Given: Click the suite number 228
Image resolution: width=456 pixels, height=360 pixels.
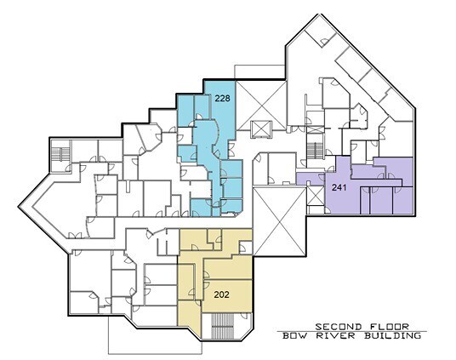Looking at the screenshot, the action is [223, 99].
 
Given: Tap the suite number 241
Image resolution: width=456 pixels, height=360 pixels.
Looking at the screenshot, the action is [339, 188].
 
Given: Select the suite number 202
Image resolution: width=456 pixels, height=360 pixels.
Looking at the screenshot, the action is [221, 294].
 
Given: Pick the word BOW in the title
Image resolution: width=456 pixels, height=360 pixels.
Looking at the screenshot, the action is [296, 336].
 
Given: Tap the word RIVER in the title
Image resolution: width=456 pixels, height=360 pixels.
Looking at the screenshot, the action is [335, 336].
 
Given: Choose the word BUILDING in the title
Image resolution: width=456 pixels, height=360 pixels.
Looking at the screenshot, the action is [392, 336].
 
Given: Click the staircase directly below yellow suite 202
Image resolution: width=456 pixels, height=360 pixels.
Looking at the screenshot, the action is [224, 326].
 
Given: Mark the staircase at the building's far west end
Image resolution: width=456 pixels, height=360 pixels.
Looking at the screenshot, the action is [60, 154].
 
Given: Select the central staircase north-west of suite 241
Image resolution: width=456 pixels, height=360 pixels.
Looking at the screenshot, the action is [315, 151].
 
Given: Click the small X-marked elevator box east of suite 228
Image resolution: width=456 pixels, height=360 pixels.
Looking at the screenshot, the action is [261, 129].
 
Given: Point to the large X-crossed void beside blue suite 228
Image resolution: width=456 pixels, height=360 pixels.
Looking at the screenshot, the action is [261, 106].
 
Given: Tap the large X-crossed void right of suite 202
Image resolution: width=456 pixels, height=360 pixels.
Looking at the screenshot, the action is [280, 222].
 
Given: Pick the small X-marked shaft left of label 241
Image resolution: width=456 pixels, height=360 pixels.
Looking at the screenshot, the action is [316, 196].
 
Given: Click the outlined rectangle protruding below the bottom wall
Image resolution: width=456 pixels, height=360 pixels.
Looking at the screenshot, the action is [155, 335].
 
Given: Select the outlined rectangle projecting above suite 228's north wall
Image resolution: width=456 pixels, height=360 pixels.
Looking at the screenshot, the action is [259, 71].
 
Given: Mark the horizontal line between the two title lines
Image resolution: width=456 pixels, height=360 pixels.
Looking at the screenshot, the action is [352, 331].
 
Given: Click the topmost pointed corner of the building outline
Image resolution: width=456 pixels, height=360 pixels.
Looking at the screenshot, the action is [320, 14].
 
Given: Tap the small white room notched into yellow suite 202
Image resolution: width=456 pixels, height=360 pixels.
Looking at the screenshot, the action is [245, 247].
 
